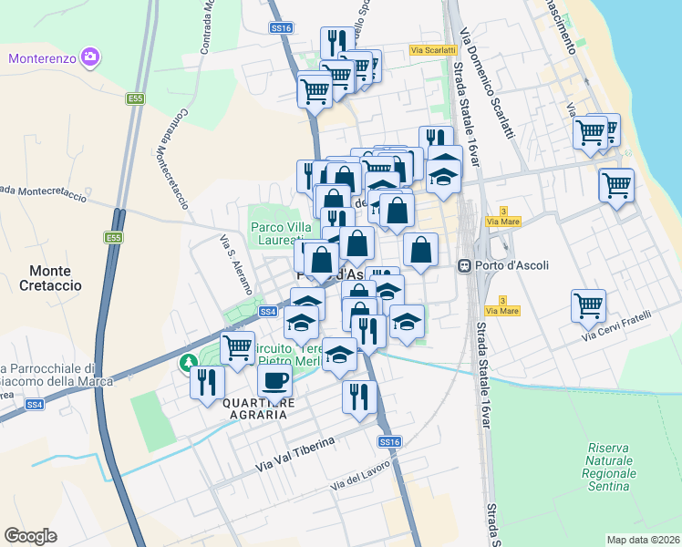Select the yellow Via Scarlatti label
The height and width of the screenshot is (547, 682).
(432, 50)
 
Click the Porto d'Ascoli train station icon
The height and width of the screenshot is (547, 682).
(464, 265)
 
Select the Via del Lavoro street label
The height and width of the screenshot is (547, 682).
(361, 477)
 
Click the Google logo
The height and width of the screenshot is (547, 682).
(31, 536)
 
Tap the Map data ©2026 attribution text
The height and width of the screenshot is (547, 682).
(644, 540)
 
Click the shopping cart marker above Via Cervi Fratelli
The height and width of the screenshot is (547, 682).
(588, 305)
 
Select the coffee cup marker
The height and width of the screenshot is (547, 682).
(274, 381)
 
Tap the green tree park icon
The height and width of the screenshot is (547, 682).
(190, 364)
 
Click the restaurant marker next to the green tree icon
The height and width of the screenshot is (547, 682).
(207, 381)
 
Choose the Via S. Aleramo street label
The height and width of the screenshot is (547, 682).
(236, 264)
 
